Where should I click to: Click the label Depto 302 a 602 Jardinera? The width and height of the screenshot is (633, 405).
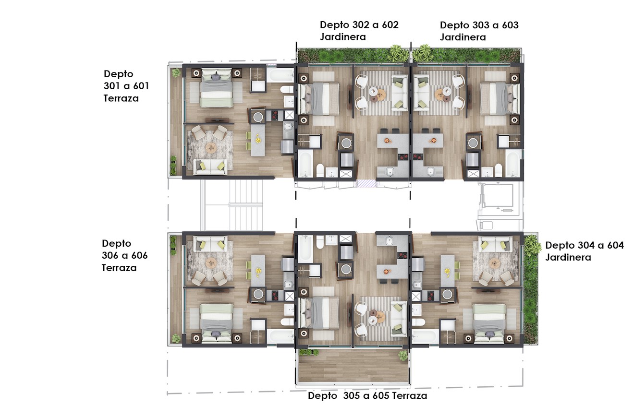(x=359, y=31)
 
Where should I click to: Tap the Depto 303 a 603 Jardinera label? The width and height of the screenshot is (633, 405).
(x=479, y=31)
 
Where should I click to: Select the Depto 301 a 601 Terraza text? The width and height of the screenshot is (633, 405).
(x=126, y=86)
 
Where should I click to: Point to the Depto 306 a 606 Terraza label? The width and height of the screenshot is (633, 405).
(x=124, y=255)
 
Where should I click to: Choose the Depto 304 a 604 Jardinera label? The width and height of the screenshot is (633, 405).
(x=584, y=251)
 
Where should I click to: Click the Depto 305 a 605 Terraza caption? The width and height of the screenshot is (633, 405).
(x=367, y=396)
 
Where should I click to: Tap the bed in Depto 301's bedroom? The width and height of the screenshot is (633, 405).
(x=217, y=88)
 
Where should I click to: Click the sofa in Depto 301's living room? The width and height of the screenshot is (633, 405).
(x=210, y=167)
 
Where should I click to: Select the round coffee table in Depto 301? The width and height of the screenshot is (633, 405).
(x=211, y=148)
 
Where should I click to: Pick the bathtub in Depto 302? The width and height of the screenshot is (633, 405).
(x=305, y=164)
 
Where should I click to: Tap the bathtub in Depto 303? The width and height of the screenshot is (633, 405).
(x=513, y=164)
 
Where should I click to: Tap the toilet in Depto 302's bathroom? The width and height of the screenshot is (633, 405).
(x=320, y=170)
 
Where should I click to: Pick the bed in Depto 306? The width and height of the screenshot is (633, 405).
(x=217, y=323)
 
